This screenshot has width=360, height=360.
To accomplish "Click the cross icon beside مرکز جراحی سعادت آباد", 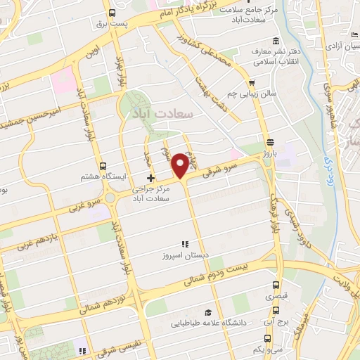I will click(150, 179).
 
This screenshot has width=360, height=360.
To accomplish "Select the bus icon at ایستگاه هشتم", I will click(103, 167).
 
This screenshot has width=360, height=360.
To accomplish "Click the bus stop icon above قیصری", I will click(276, 286).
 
